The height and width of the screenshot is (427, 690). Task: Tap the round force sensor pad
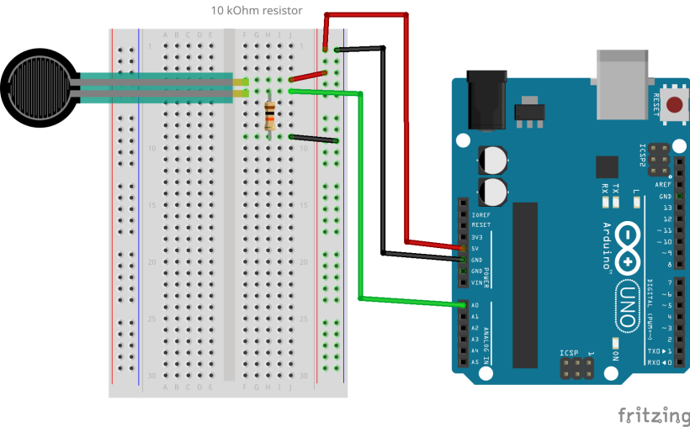(37, 86)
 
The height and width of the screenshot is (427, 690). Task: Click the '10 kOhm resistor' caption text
(257, 11)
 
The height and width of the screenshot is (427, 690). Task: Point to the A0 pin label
(476, 305)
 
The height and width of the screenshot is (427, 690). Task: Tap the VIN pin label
(478, 282)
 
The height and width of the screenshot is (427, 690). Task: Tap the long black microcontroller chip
(524, 285)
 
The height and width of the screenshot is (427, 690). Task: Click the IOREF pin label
(481, 214)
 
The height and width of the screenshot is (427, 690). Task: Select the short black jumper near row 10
(314, 139)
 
